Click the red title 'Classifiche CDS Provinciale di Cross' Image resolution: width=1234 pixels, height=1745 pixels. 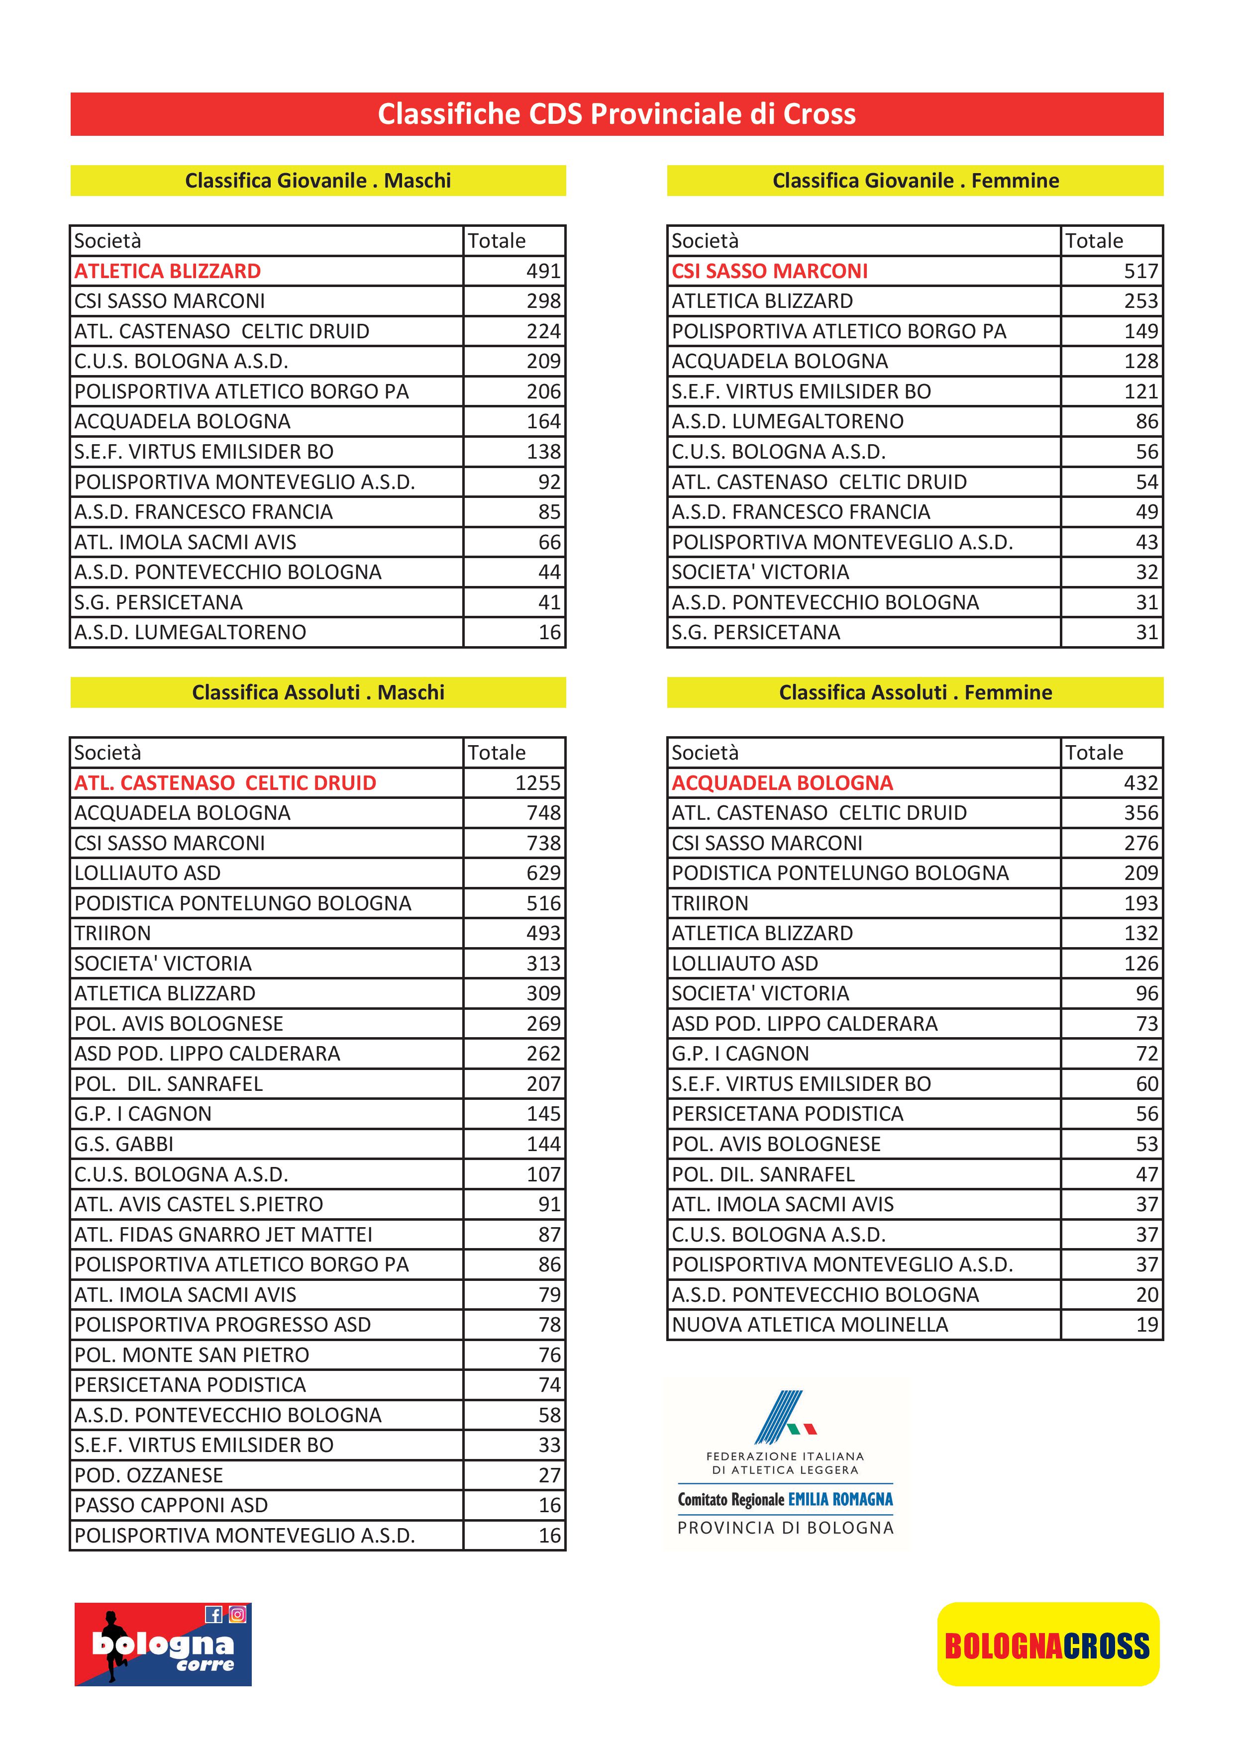616,114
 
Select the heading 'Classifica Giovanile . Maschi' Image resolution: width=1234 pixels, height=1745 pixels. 318,181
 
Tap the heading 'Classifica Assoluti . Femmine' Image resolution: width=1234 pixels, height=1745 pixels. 915,692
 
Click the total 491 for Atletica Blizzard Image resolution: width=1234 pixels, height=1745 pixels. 543,271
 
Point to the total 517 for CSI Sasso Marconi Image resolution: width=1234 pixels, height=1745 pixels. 1140,271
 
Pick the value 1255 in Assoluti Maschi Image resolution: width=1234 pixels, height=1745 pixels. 537,783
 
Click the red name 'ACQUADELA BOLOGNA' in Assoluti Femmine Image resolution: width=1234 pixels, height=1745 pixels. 782,783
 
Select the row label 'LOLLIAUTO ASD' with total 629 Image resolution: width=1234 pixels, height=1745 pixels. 147,873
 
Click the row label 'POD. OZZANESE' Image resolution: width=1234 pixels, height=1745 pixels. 148,1475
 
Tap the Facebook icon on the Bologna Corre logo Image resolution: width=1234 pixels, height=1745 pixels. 213,1614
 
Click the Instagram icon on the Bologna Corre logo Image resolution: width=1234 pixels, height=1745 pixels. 237,1614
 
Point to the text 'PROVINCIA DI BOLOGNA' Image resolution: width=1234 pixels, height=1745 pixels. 785,1528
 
